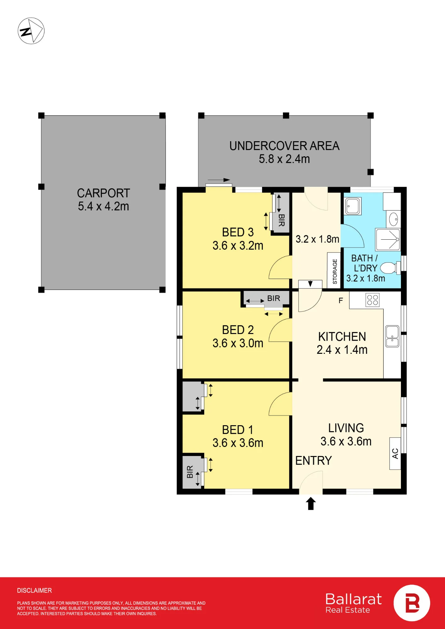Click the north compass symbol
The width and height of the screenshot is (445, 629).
31,31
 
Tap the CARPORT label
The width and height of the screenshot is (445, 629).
104,193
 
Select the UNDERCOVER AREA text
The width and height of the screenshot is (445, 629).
284,146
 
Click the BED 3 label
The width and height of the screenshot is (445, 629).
238,232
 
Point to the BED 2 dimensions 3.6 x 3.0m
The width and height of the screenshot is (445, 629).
238,343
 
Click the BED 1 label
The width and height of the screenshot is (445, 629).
238,430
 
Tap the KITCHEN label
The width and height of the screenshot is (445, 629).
342,337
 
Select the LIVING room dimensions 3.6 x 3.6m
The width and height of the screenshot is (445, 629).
346,441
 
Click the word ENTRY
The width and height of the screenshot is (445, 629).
313,461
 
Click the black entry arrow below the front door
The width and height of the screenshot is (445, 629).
311,503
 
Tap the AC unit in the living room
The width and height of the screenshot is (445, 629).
395,454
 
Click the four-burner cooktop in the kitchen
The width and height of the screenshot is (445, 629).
373,300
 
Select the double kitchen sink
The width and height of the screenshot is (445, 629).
392,336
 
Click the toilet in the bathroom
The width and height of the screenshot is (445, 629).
390,268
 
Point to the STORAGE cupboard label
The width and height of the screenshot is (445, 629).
335,271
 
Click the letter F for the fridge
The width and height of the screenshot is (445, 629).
341,301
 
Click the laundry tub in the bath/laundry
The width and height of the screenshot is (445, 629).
353,206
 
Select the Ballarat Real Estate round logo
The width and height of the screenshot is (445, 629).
412,603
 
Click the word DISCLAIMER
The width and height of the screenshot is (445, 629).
34,590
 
